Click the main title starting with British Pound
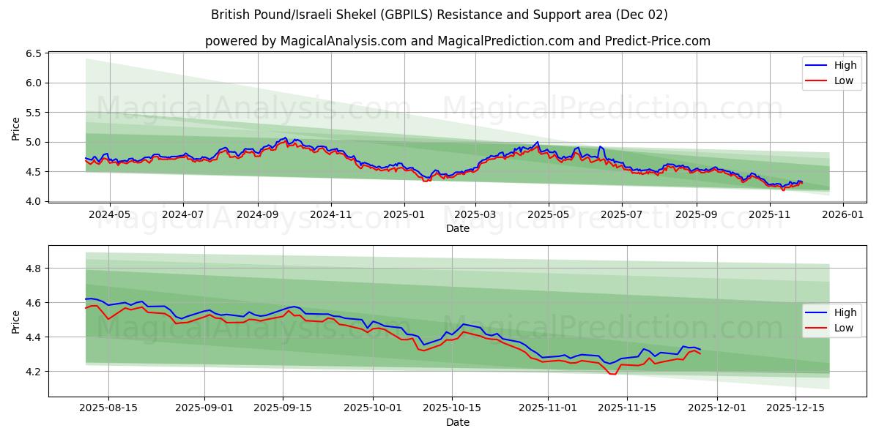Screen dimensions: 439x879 point(439,15)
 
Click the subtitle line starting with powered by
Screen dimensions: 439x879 point(457,41)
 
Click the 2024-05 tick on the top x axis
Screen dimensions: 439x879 point(109,215)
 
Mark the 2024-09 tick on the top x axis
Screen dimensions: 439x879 point(257,215)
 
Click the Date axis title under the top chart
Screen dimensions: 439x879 point(457,228)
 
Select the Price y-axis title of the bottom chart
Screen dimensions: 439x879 point(16,321)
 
